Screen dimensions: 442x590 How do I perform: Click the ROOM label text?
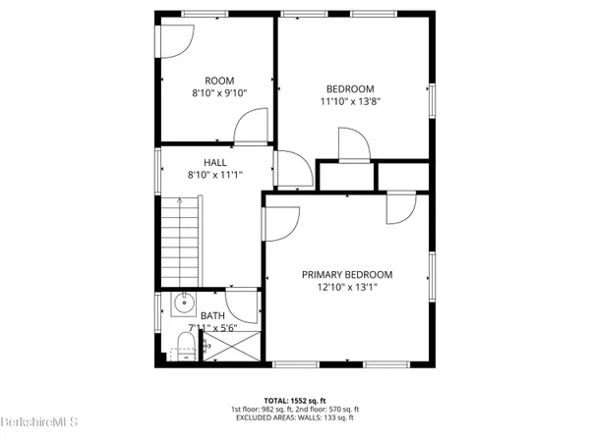(218, 81)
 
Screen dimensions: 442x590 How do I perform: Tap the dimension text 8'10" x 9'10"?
(218, 93)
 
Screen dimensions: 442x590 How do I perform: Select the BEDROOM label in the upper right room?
(351, 87)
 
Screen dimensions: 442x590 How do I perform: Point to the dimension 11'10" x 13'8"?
(351, 100)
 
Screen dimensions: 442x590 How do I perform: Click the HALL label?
(214, 163)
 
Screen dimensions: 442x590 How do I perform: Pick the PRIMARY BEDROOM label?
(347, 275)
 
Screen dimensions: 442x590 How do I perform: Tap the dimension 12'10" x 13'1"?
(347, 288)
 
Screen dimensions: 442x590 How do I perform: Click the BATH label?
(212, 316)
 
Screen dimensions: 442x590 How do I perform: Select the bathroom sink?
(182, 304)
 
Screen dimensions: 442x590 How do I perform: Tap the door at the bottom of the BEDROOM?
(353, 145)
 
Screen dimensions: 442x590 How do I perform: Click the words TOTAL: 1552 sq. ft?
(311, 401)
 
